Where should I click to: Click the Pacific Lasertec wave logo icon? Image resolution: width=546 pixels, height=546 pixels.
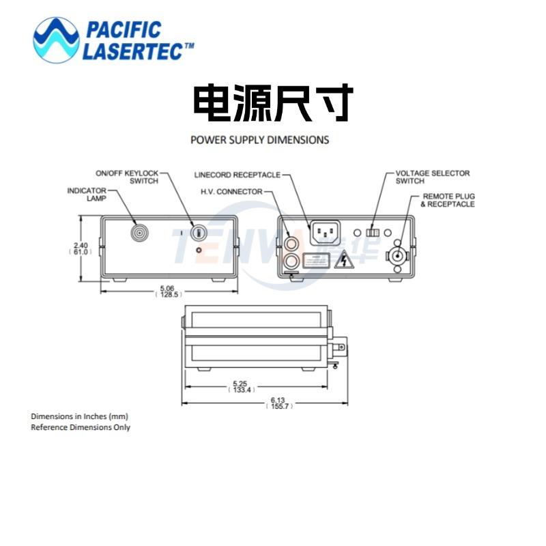pos(56,40)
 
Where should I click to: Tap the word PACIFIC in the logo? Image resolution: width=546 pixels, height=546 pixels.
pos(123,30)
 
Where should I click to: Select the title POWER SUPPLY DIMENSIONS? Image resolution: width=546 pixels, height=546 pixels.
pos(259,140)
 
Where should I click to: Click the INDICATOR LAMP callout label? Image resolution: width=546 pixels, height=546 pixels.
pos(87,195)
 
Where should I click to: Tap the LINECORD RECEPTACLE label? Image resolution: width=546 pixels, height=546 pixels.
pos(237,175)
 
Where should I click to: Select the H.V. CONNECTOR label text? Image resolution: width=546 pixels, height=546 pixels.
pos(231,192)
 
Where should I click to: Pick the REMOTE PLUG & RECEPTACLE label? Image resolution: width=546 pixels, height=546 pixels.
pos(447,201)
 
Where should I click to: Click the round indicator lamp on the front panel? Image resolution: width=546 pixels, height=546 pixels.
pos(139,232)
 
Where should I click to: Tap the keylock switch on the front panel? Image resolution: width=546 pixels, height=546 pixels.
pos(199,233)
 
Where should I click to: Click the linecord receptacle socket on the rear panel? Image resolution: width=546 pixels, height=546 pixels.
pos(325,233)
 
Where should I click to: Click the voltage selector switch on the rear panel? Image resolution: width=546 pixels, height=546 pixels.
pos(373,232)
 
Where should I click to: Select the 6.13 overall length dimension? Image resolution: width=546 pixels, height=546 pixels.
pos(278,401)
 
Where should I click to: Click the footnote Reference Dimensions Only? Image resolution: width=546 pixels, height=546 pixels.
pos(81,427)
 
